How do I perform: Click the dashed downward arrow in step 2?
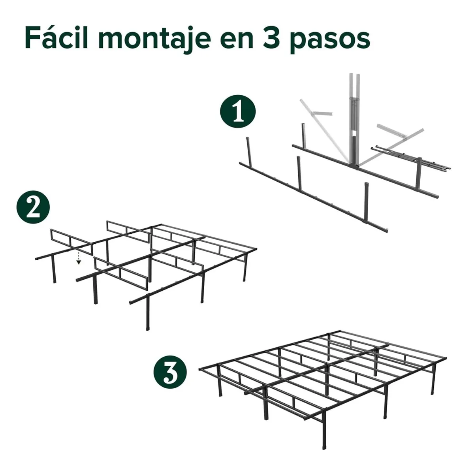point(79,257)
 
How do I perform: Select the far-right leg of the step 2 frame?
point(245,268)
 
